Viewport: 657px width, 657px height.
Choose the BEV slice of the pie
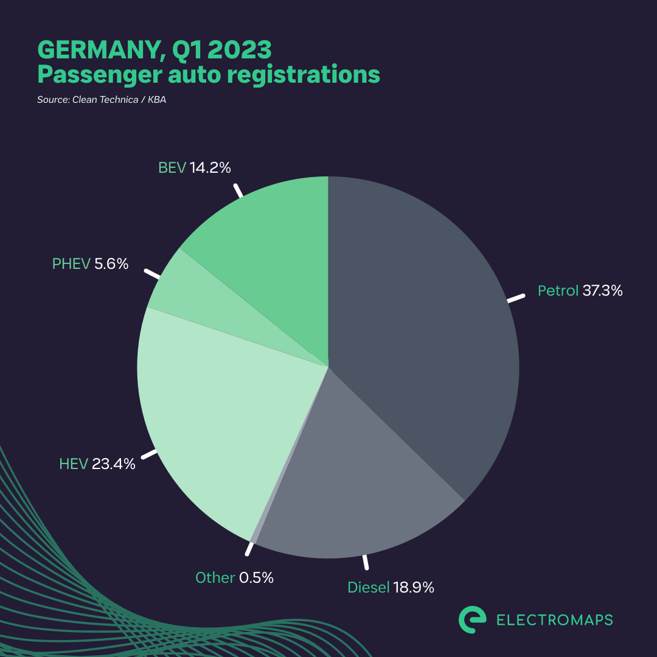coord(274,243)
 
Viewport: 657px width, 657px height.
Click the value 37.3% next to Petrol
coord(602,291)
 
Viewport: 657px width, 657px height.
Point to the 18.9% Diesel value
coord(413,588)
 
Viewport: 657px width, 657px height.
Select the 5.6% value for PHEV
coord(111,264)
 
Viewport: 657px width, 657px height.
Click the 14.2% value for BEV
coord(210,168)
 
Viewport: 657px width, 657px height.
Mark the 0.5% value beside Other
coord(256,578)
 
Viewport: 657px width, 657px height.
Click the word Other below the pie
coord(215,578)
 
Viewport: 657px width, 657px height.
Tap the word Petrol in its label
coord(557,291)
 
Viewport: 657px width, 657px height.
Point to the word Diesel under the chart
coord(368,588)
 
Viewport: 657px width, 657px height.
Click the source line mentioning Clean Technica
coord(102,100)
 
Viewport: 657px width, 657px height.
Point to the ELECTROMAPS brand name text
coord(555,620)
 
